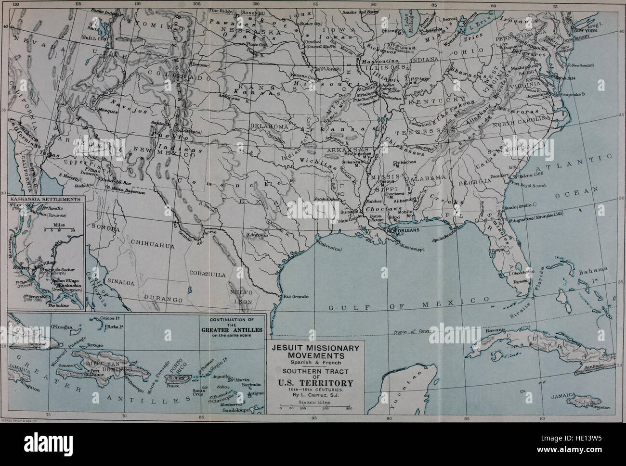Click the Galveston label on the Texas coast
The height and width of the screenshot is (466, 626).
pos(328,249)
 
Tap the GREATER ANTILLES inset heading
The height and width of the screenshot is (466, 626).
pos(235,330)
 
